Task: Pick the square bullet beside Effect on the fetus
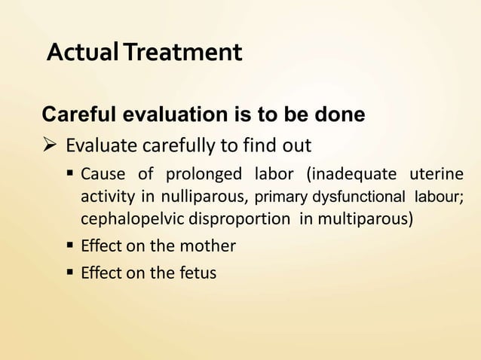click(x=70, y=273)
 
